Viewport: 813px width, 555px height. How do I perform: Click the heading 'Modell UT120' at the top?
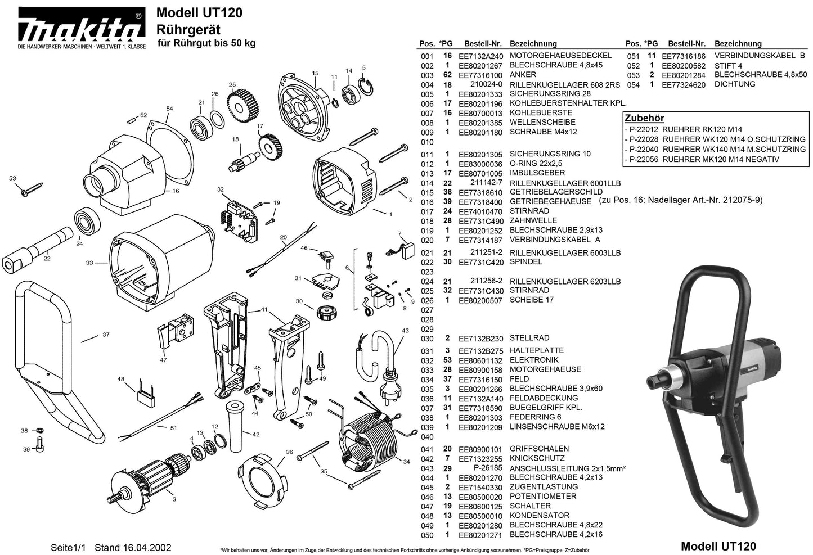(x=199, y=12)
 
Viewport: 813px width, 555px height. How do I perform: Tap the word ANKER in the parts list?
(x=523, y=75)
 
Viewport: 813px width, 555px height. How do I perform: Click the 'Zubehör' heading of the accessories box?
(x=644, y=119)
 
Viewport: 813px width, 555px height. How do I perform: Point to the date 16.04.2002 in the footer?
(x=147, y=548)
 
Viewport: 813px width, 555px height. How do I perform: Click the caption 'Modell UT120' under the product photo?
(x=718, y=546)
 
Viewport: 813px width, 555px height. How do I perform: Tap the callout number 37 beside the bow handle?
(x=106, y=335)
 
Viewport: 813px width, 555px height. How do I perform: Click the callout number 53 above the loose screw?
(x=13, y=178)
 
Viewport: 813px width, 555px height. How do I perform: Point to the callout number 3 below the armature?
(x=174, y=499)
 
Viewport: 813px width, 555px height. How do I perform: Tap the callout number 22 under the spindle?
(x=47, y=259)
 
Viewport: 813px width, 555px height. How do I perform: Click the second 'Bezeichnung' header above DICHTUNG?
(x=738, y=43)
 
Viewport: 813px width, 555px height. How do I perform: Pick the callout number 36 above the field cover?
(x=289, y=452)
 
